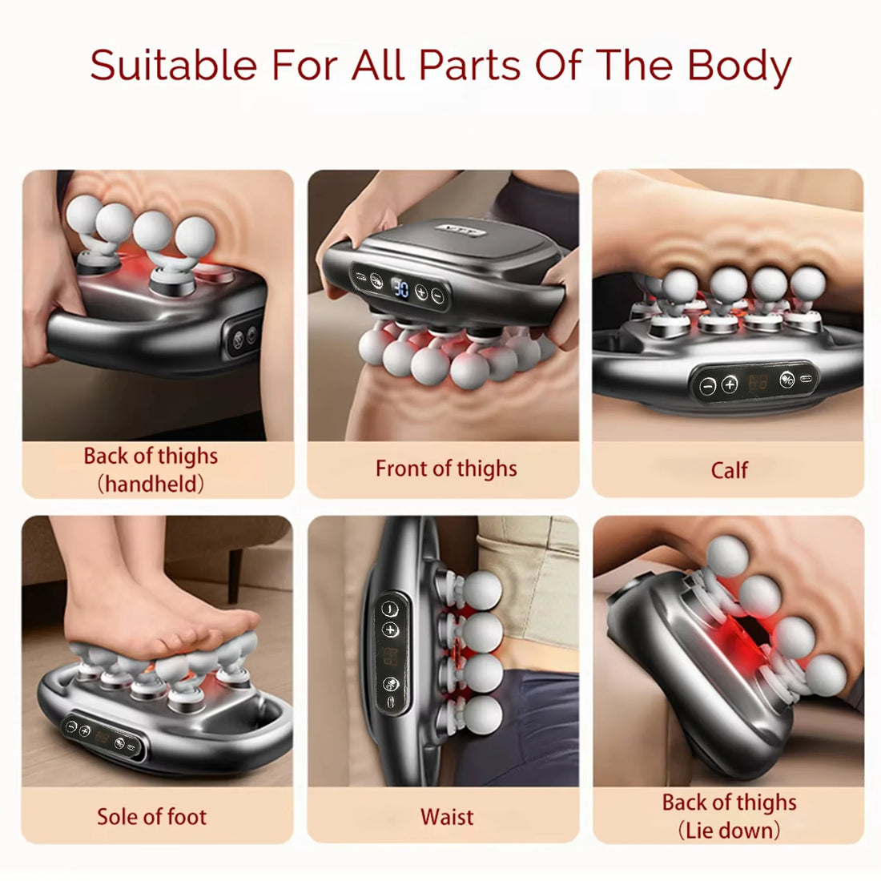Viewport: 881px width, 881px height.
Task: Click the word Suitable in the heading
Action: point(174,65)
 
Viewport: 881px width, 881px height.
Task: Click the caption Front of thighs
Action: point(446,469)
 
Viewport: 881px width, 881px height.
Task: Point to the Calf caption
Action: point(729,470)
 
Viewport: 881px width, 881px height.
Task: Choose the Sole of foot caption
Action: point(151,817)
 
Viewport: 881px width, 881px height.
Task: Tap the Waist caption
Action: point(446,817)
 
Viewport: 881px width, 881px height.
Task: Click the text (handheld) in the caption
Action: point(151,484)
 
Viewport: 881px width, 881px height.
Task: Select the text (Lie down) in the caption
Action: point(729,830)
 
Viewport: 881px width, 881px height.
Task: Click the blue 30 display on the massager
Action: point(401,288)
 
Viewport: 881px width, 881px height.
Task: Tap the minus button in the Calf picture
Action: point(707,385)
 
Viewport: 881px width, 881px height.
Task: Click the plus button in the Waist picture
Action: point(391,630)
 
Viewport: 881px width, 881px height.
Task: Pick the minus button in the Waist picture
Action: point(390,607)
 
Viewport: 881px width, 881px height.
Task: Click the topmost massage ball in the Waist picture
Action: point(483,589)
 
